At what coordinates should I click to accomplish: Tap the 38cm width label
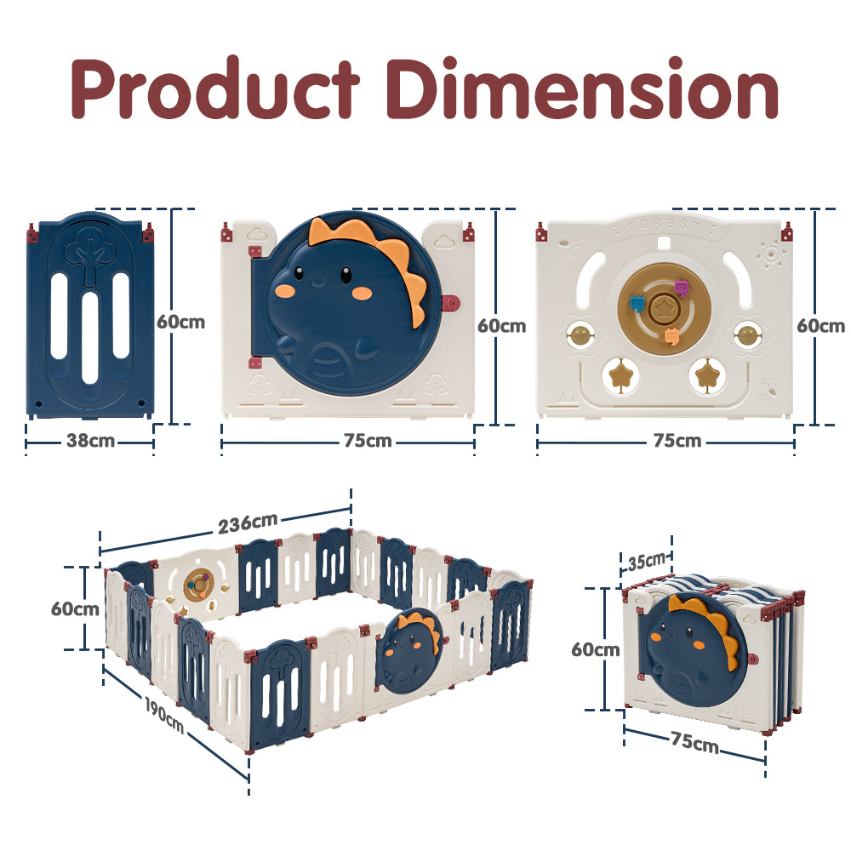[90, 441]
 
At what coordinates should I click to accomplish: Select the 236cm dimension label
[248, 523]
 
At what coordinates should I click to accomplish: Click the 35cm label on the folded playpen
[647, 561]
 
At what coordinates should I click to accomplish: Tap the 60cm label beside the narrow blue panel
[180, 322]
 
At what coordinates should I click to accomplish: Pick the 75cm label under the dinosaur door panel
[368, 441]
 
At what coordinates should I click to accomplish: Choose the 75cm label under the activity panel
[677, 441]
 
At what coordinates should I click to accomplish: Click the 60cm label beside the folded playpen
[596, 649]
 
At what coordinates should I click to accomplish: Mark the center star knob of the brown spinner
[661, 309]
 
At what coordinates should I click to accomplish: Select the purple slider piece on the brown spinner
[681, 287]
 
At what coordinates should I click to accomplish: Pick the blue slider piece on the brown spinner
[637, 304]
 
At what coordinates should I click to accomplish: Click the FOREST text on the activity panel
[663, 226]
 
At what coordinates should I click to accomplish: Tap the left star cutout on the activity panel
[620, 374]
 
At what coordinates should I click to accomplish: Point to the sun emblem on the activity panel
[771, 254]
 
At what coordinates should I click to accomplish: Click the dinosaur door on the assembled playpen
[410, 648]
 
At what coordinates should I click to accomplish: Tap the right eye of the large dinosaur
[346, 275]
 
